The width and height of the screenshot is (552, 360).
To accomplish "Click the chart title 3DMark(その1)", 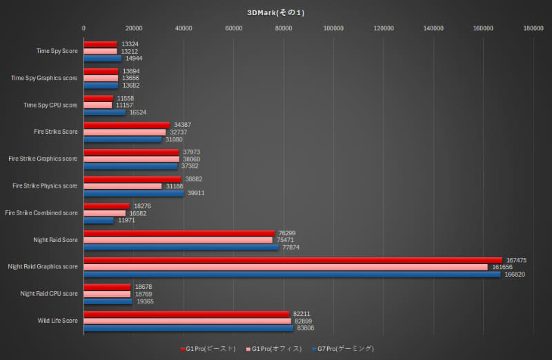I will (x=276, y=12).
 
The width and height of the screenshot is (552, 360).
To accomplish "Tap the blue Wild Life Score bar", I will (x=188, y=328).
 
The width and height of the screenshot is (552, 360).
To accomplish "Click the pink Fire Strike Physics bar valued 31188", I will (x=123, y=186).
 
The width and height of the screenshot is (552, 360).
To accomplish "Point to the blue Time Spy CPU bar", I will (x=105, y=112).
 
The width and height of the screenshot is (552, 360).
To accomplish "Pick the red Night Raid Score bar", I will (x=179, y=233).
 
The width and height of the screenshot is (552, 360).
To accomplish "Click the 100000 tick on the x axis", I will (x=333, y=28).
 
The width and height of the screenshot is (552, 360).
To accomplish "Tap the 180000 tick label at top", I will (x=533, y=28).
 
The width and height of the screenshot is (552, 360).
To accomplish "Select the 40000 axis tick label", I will (x=184, y=28).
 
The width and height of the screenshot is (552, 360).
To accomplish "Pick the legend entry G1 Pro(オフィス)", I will (x=275, y=348).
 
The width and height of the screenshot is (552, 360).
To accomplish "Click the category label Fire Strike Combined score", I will (x=41, y=213).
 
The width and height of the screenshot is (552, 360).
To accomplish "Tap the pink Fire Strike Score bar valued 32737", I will (x=125, y=132).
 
